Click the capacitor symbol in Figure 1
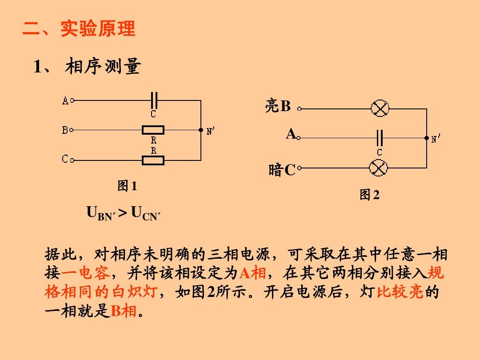(x=154, y=100)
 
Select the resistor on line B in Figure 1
(x=153, y=130)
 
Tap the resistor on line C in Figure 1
(x=153, y=160)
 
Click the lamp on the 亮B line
(x=380, y=108)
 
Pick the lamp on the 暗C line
(x=378, y=168)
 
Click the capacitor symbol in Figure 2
(x=380, y=138)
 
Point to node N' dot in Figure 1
(x=201, y=130)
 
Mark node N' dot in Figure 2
(x=426, y=138)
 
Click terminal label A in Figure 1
(x=65, y=100)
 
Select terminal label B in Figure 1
(x=65, y=130)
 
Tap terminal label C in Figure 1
(x=65, y=159)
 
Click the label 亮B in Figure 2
(x=278, y=106)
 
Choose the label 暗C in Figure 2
(x=282, y=170)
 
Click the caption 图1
(x=127, y=186)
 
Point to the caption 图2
(x=369, y=194)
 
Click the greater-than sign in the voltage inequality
(x=123, y=213)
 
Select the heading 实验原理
(x=98, y=29)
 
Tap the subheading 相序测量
(x=103, y=66)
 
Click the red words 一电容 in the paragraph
(x=86, y=272)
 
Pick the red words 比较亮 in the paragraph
(x=400, y=292)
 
